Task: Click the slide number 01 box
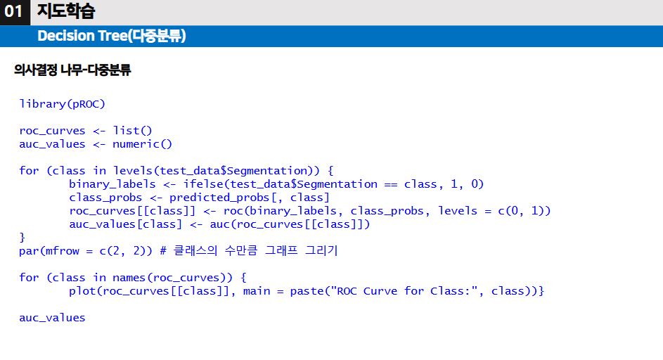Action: tap(14, 12)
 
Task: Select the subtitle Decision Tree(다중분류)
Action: tap(111, 36)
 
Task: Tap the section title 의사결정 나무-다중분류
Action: tap(72, 70)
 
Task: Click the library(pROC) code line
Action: tap(62, 104)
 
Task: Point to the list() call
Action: tap(132, 131)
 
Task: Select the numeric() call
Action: tap(142, 144)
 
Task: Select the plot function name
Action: tap(82, 291)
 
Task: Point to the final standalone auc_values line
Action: tap(52, 318)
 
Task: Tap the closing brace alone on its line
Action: tap(22, 238)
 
